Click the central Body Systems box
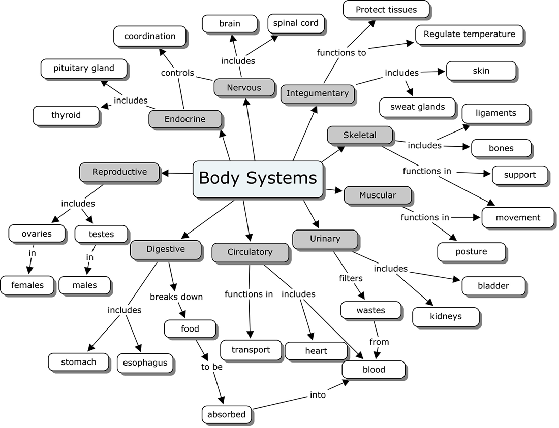coord(258,178)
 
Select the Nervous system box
coord(244,88)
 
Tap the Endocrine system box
coord(185,119)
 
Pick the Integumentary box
coord(317,93)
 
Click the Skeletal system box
coord(360,135)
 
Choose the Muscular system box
coord(377,195)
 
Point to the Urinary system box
coord(325,239)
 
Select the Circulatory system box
coord(250,252)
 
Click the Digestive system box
coord(166,249)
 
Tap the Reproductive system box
coord(119,172)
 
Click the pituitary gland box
coord(84,68)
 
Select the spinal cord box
coord(296,23)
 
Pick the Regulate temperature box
coord(469,35)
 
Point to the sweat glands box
coord(417,107)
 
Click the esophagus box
coord(145,363)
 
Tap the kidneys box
coord(446,316)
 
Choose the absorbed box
coord(227,414)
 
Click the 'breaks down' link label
coord(176,297)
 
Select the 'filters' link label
coord(351,278)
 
